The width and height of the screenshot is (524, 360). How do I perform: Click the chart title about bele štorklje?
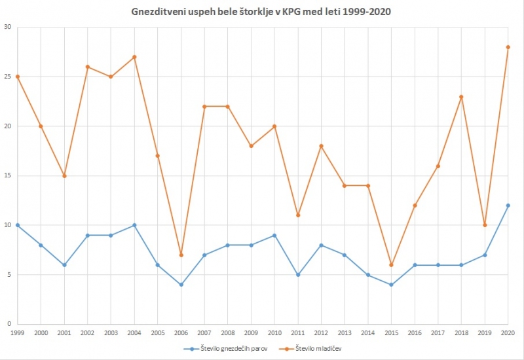coord(262,12)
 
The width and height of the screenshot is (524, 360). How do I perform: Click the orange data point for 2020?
coord(508,47)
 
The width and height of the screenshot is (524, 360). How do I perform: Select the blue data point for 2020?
coord(508,206)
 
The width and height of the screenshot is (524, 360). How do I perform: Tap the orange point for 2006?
coord(181,255)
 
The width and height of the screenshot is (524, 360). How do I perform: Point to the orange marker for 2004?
coord(134,57)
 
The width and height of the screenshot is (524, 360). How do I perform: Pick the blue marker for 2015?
coord(391,285)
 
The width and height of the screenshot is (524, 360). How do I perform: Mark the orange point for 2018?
coord(461,97)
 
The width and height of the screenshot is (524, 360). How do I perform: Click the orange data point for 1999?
coord(18,77)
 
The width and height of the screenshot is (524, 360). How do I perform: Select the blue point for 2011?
coord(297,275)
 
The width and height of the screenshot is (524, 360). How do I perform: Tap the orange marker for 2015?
coord(391,264)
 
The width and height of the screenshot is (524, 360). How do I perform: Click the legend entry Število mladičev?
coord(319,349)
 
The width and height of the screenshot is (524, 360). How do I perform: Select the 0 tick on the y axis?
coord(9,324)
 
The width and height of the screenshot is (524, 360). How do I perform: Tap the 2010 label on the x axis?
coord(274,333)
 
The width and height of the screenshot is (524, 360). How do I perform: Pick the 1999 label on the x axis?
coord(18,333)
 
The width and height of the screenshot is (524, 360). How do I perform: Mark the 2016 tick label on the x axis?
coord(414,333)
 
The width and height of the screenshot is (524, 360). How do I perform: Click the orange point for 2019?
coord(485,225)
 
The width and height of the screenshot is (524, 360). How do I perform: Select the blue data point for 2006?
coord(181,285)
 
